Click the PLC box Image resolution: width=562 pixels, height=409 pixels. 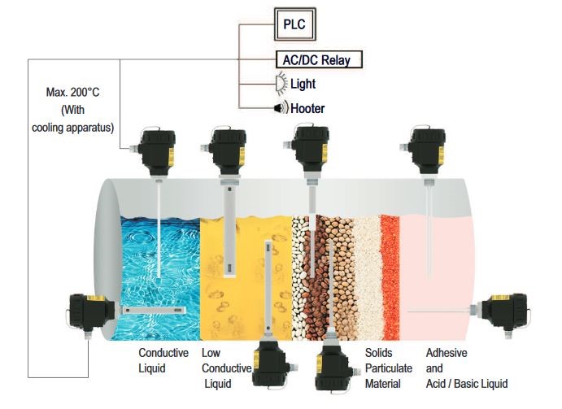click(294, 24)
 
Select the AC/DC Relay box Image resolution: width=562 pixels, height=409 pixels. click(319, 59)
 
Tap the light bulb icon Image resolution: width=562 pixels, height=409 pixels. click(281, 84)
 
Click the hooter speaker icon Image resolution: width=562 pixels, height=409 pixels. click(281, 107)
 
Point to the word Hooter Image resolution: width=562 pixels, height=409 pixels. click(307, 108)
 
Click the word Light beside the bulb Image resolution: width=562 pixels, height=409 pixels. click(303, 84)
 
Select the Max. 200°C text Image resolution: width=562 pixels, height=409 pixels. click(72, 92)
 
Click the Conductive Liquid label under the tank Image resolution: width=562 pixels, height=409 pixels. click(163, 360)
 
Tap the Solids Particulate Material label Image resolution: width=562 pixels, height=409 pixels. click(389, 368)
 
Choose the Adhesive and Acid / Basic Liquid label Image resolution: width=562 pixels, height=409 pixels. click(467, 368)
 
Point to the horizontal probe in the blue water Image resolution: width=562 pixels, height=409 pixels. click(155, 311)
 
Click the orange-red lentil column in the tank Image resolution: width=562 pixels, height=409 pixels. click(390, 277)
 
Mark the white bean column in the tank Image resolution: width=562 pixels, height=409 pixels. click(299, 278)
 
